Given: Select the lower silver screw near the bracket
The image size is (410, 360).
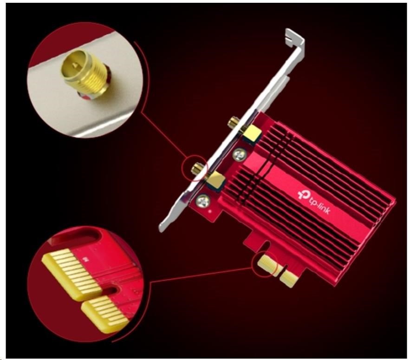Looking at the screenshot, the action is coord(203,201).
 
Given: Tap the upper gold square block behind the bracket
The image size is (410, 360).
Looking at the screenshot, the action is coord(252,133).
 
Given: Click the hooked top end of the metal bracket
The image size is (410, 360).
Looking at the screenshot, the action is coord(295,39).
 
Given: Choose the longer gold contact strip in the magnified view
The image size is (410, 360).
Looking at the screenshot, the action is coord(72,274).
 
